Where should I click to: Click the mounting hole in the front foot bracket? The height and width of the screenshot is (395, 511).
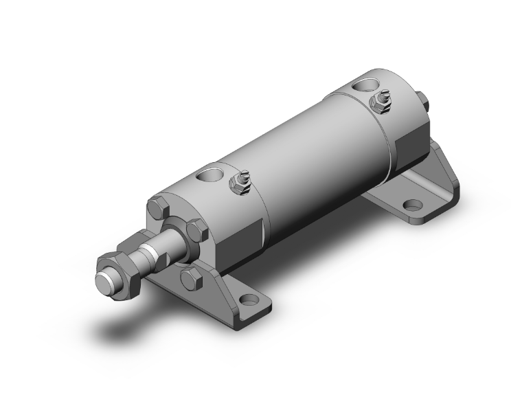249,301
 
